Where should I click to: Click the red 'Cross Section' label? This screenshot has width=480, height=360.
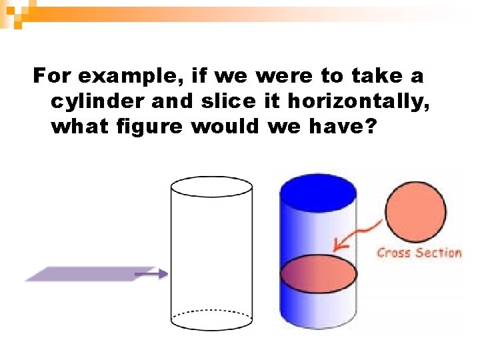(x=419, y=253)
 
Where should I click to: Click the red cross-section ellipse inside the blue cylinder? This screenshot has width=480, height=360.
(x=318, y=274)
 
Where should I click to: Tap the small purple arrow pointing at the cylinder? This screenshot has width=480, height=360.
(x=155, y=273)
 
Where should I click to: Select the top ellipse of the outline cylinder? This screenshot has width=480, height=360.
(x=211, y=187)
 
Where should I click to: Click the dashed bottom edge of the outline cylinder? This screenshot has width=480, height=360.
(x=211, y=312)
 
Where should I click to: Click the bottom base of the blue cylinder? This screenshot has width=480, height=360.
(x=318, y=325)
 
